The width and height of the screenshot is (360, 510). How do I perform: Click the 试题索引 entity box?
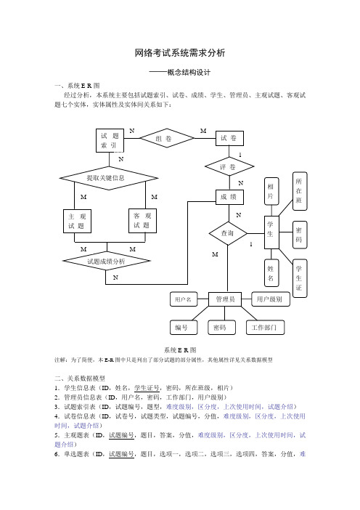(110, 140)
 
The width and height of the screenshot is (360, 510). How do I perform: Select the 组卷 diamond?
(167, 138)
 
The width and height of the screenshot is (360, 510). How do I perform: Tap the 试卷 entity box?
(229, 138)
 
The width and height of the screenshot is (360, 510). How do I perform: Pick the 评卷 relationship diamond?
(229, 166)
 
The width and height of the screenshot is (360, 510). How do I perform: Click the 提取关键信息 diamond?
(109, 178)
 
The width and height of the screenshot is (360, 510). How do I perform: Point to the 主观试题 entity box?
(77, 221)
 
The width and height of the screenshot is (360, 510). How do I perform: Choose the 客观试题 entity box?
(142, 221)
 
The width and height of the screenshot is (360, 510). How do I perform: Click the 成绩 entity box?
(229, 197)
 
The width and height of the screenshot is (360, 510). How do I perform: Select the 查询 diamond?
(228, 233)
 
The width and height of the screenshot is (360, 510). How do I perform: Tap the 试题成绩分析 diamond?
(107, 261)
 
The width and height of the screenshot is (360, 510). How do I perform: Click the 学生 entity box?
(271, 232)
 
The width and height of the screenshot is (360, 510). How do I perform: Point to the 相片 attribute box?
(271, 191)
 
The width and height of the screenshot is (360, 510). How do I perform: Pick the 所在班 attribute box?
(300, 191)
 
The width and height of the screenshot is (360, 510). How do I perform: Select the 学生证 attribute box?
(300, 278)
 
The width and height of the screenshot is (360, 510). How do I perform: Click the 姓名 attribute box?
(271, 273)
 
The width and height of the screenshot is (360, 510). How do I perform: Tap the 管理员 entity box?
(225, 299)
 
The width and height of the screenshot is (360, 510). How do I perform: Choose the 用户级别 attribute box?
(271, 299)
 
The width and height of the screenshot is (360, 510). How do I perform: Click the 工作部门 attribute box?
(265, 328)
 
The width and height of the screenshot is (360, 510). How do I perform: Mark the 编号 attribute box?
(184, 328)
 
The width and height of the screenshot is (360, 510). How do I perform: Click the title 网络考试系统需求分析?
(180, 53)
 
